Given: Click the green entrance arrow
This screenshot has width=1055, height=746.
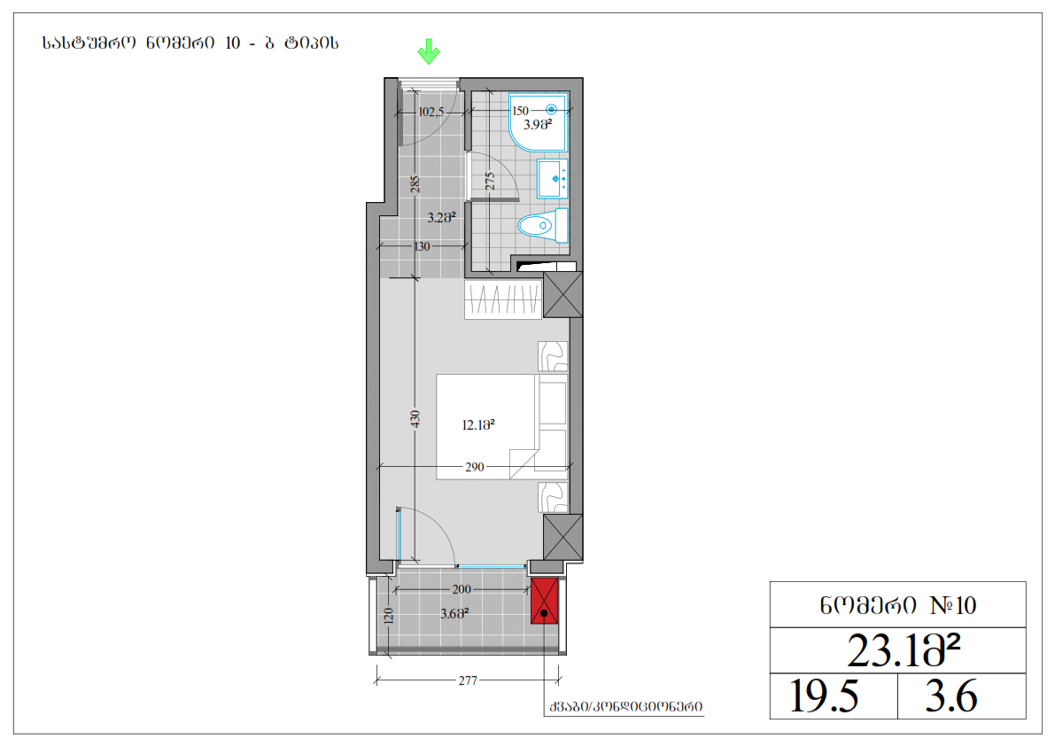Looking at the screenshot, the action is pyautogui.click(x=429, y=51).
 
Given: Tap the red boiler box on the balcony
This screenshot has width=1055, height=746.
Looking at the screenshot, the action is pyautogui.click(x=544, y=601).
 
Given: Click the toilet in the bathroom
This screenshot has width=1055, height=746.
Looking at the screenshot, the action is pyautogui.click(x=543, y=225).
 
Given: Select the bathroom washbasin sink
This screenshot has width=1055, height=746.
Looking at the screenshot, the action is pyautogui.click(x=553, y=178).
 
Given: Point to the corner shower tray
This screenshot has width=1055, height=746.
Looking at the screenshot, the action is pyautogui.click(x=539, y=121).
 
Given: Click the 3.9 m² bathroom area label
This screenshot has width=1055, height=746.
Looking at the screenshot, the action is pyautogui.click(x=538, y=124).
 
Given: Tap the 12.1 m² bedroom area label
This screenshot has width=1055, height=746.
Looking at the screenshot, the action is pyautogui.click(x=478, y=425).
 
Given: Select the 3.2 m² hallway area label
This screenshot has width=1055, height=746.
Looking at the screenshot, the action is pyautogui.click(x=441, y=218).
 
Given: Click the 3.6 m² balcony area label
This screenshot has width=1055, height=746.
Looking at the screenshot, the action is pyautogui.click(x=454, y=613).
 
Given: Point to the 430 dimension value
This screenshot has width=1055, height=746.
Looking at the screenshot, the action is pyautogui.click(x=415, y=419).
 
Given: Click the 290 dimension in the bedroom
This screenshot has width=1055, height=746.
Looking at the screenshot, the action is pyautogui.click(x=474, y=467).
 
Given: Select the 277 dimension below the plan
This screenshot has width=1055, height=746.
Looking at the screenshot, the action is pyautogui.click(x=468, y=680).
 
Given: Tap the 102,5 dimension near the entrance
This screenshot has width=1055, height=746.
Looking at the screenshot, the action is pyautogui.click(x=431, y=112).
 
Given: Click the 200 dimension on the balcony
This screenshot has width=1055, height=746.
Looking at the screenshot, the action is pyautogui.click(x=462, y=589).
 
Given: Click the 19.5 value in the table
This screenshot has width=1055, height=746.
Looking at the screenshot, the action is pyautogui.click(x=824, y=695).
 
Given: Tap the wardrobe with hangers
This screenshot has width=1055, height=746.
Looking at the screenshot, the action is pyautogui.click(x=503, y=299).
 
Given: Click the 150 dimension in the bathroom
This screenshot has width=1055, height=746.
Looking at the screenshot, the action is pyautogui.click(x=520, y=111).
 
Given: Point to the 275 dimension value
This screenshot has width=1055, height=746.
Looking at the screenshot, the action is pyautogui.click(x=491, y=181).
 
